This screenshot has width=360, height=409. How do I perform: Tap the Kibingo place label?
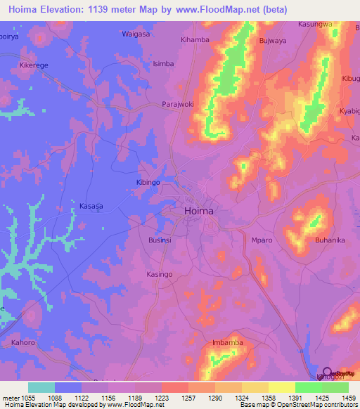[148, 182]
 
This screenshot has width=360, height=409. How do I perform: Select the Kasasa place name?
[91, 206]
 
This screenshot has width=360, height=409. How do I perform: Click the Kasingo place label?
[159, 274]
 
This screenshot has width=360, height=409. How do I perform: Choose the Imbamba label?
[226, 343]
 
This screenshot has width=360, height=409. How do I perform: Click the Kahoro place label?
[24, 343]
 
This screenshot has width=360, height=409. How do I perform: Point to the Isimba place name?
[163, 63]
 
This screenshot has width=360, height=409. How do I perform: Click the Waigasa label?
[136, 34]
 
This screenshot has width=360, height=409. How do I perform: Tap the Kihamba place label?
[195, 41]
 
